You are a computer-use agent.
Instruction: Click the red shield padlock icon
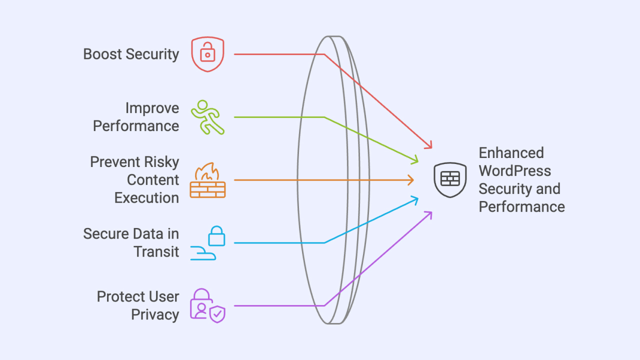tap(207, 54)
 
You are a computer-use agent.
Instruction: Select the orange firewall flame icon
tap(207, 180)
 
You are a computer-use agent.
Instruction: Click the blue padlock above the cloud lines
tap(216, 236)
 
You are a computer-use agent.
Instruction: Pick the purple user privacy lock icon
tap(201, 303)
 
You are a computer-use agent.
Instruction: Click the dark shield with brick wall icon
tap(450, 180)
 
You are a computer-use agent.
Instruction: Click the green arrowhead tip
tap(418, 162)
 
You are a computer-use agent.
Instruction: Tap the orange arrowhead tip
tap(414, 180)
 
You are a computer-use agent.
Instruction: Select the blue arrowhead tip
tap(418, 198)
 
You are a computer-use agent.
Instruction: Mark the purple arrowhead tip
tap(431, 212)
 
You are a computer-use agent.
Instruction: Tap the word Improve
tap(152, 108)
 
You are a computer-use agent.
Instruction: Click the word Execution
tap(146, 198)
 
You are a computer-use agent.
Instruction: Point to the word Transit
tap(156, 251)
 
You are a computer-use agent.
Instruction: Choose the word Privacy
tap(155, 314)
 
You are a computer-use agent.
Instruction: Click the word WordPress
tap(514, 171)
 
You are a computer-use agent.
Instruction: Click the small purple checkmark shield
tap(217, 314)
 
